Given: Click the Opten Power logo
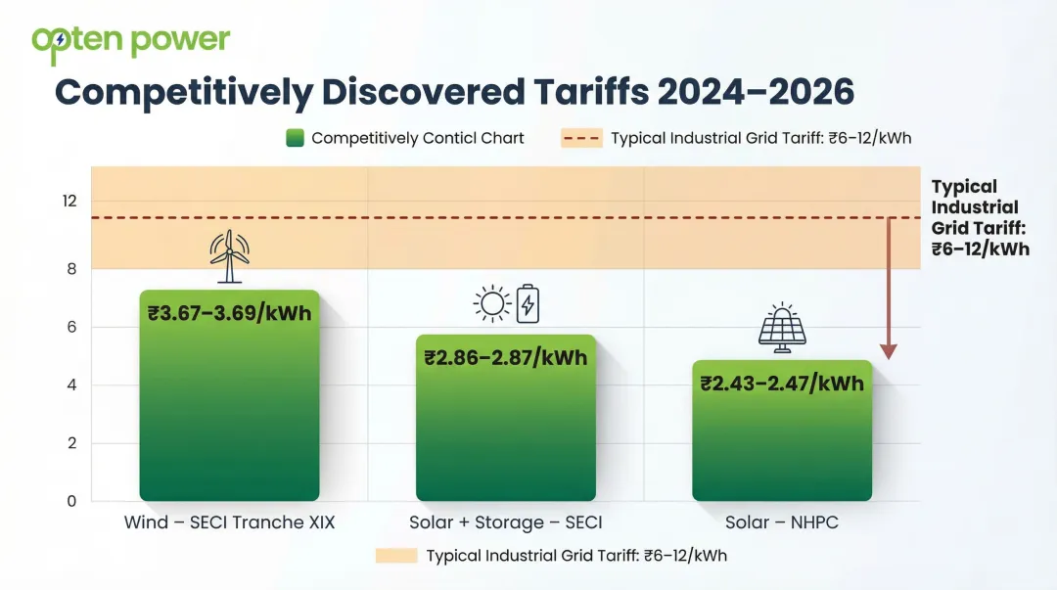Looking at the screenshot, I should pos(130,42).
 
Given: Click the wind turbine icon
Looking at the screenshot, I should pos(229,256).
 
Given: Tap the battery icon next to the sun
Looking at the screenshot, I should pos(528,303).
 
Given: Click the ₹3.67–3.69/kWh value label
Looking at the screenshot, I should pos(229,313).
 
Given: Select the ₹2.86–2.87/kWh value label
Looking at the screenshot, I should pos(505,357).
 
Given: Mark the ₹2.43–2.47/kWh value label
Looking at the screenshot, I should pos(782,383).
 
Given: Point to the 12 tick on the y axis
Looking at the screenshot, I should pos(69,201).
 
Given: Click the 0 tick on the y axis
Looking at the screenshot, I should pos(70,501).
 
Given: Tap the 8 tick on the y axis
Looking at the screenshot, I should pos(69,268).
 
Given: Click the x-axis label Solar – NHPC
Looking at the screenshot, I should pos(782,522).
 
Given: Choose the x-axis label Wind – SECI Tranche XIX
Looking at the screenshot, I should pos(229,522).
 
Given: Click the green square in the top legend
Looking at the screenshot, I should pos(295,138).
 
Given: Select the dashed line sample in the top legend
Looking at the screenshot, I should pos(581,138).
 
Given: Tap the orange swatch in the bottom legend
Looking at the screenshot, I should pos(395,556).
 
